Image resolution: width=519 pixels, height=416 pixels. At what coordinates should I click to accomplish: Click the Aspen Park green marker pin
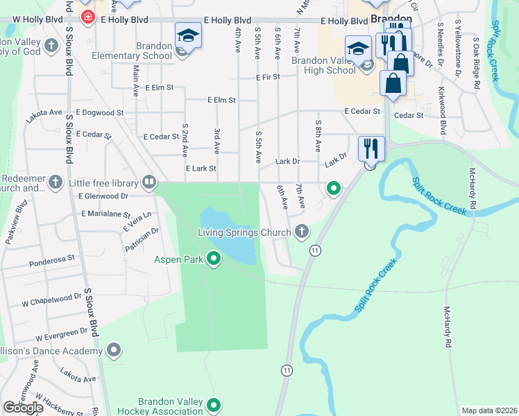[x=214, y=259]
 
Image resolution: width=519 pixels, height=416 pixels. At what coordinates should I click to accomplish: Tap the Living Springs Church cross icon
[x=301, y=232]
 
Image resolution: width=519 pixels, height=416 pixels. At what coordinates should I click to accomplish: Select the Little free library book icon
[x=148, y=183]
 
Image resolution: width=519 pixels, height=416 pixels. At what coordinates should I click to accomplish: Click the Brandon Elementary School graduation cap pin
[x=188, y=37]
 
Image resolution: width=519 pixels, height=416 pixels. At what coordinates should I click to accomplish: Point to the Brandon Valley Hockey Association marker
[x=214, y=405]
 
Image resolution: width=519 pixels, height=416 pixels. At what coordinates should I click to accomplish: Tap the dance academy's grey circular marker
[x=114, y=351]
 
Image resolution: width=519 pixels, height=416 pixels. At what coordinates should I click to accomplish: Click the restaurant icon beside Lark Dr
[x=371, y=148]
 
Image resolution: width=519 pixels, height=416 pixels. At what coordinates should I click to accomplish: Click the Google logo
[x=23, y=408]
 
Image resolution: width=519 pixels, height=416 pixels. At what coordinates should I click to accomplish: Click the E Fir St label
[x=266, y=77]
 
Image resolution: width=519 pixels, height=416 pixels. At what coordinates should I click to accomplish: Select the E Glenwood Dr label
[x=104, y=196]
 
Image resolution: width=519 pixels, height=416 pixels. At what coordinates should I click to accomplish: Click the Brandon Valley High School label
[x=323, y=65]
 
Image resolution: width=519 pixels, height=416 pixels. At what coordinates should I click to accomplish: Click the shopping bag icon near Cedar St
[x=393, y=83]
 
